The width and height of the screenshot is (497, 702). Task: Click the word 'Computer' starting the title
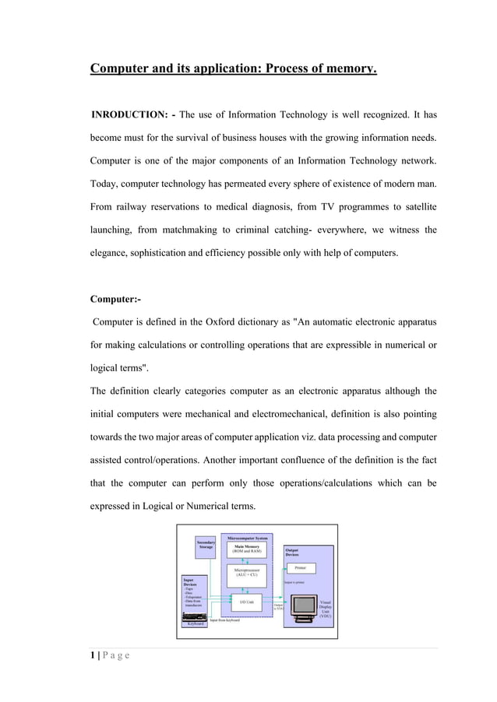(x=122, y=70)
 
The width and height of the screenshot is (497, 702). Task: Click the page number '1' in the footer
(x=93, y=655)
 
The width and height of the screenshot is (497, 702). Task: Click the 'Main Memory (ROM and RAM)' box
(x=248, y=549)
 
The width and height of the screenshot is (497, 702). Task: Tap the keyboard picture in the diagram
(x=194, y=617)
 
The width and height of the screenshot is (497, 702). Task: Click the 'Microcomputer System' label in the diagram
(x=248, y=538)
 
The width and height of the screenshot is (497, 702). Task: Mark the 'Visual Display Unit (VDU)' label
(x=326, y=612)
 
